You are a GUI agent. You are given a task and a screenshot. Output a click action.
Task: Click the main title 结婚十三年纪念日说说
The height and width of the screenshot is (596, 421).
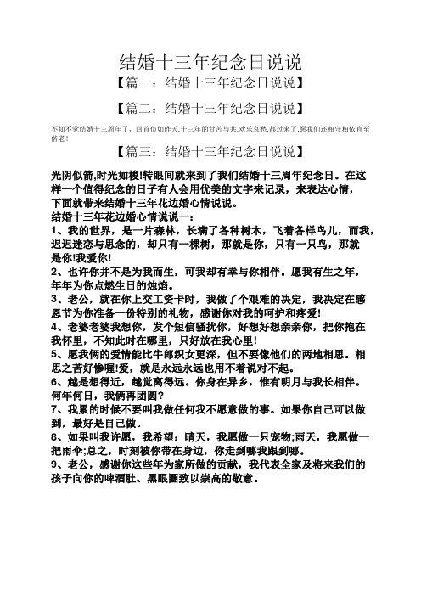click(x=210, y=62)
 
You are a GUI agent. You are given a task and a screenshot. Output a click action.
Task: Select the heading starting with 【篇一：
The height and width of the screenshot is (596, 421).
click(x=210, y=84)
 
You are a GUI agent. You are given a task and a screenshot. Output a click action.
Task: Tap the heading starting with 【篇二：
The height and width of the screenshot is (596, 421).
click(x=210, y=108)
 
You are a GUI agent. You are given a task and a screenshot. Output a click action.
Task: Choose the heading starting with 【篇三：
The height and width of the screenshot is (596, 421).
click(x=210, y=152)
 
